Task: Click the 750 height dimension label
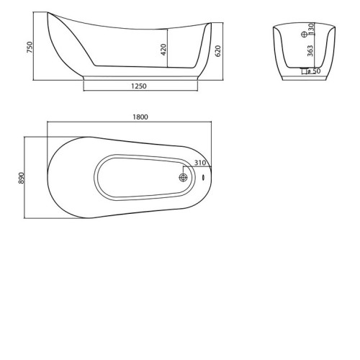coord(30,48)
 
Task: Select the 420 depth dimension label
coord(163,50)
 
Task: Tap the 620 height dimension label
coord(218,51)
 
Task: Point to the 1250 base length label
coord(139,86)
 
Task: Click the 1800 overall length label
coord(140,117)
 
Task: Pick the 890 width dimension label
coord(22,178)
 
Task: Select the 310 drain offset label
coord(200,163)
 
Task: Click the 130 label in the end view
coord(311,29)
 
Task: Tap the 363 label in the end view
coord(310,51)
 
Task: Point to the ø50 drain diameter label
coord(314,71)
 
